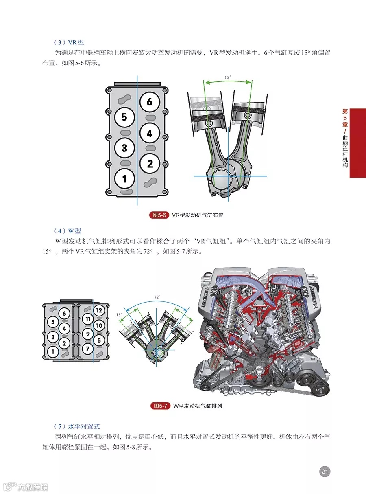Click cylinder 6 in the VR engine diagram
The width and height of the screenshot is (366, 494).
coord(149,102)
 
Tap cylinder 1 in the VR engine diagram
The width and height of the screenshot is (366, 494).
coord(125,178)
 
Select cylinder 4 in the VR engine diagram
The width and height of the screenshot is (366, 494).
coord(149,133)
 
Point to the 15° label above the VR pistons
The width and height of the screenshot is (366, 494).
coord(228,77)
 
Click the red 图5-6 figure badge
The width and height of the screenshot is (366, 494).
coord(159,215)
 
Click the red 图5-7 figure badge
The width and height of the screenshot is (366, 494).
coord(160,406)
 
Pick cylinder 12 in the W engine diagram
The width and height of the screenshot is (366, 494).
coord(99,310)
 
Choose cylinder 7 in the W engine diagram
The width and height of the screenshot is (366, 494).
coord(87,349)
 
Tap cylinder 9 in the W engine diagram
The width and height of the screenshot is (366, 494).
coord(87,334)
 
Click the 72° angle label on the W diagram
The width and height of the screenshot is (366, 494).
coord(157,297)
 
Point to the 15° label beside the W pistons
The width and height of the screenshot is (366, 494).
coord(119,315)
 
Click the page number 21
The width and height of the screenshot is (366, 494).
coord(325,472)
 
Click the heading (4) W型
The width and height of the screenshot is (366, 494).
coord(68,231)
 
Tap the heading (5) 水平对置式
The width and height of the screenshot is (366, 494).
coord(77,426)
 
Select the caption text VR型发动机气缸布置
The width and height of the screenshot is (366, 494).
coord(198,215)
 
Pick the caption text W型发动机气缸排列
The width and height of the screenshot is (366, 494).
coord(198,406)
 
